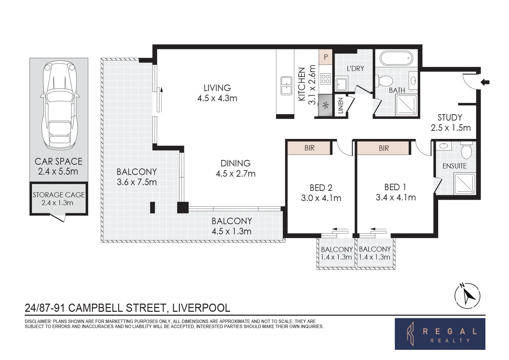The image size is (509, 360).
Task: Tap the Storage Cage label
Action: point(58,195)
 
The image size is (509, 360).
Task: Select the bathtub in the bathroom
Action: point(396,58)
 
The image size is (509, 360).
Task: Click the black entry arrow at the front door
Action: point(485,82)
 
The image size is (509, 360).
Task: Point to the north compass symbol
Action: point(467,295)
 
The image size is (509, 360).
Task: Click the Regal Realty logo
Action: point(440,334)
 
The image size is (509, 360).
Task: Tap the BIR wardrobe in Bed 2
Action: point(309,148)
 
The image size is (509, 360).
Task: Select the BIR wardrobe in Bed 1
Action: point(383,148)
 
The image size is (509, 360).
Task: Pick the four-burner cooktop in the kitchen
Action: point(325,79)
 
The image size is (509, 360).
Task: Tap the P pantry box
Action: point(326,57)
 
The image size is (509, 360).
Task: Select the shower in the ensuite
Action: point(464,184)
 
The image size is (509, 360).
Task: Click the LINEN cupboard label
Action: point(341,106)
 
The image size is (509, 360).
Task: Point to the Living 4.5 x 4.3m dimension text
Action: point(217,98)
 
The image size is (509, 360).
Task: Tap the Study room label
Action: point(450,118)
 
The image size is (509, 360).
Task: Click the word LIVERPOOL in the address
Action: point(201,308)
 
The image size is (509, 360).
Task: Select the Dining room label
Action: point(235,163)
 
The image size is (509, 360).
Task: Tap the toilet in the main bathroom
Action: point(385,81)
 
